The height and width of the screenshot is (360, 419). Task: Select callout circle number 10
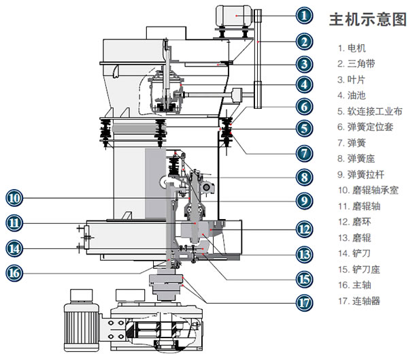[15, 198]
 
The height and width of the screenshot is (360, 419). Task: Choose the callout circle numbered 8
[305, 176]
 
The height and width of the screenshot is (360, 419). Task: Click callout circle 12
[305, 227]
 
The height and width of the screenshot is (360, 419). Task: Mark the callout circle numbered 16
[15, 273]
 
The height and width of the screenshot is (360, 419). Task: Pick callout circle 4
[305, 85]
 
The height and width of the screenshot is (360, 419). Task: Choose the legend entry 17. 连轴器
[361, 300]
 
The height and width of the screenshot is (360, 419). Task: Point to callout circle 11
[15, 222]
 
